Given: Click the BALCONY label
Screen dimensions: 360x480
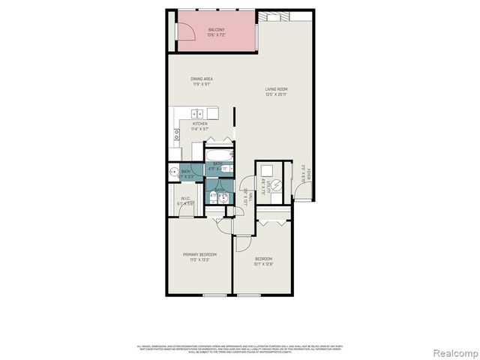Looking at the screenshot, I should [x=216, y=29].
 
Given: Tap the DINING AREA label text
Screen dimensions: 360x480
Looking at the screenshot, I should [x=200, y=78].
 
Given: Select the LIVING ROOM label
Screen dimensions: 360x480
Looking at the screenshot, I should [x=276, y=89].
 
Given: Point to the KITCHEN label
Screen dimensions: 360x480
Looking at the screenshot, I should [x=199, y=123].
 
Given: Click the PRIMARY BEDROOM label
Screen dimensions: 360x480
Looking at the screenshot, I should [x=200, y=254].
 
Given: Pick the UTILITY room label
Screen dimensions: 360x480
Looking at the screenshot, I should [x=264, y=188].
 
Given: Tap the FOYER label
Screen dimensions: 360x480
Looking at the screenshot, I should [x=307, y=172].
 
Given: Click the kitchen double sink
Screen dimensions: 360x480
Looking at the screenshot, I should [x=198, y=113].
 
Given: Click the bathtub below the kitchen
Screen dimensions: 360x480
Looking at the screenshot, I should [x=219, y=150].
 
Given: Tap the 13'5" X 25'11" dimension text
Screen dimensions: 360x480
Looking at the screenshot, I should [x=276, y=94].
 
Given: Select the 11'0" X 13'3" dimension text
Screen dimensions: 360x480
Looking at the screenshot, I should [x=200, y=259].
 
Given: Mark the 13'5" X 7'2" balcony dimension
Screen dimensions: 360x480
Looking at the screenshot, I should [x=216, y=34].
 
